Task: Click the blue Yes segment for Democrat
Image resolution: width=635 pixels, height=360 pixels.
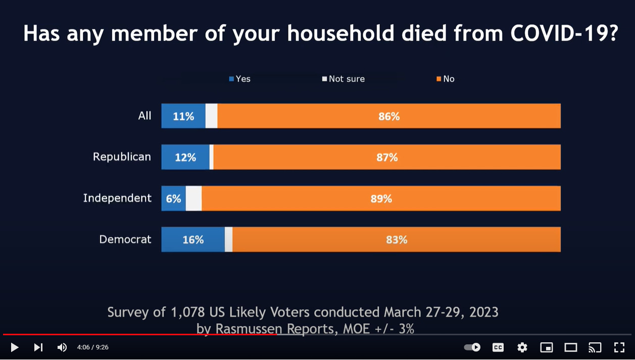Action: click(x=193, y=239)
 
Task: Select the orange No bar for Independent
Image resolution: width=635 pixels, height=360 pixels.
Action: click(x=381, y=198)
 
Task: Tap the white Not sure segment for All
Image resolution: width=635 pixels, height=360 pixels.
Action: click(x=211, y=116)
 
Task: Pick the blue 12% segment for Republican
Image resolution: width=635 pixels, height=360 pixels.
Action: click(x=185, y=158)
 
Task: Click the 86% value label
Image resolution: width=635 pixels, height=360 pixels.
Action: click(x=389, y=116)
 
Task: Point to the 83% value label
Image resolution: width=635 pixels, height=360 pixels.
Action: click(x=397, y=240)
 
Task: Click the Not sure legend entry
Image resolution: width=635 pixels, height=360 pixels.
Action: click(x=344, y=79)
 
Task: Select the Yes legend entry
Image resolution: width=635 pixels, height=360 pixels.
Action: click(x=240, y=79)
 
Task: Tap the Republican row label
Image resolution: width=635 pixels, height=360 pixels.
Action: click(x=122, y=157)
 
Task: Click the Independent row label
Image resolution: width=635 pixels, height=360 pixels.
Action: click(x=117, y=198)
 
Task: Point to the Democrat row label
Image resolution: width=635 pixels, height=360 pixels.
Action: click(x=125, y=239)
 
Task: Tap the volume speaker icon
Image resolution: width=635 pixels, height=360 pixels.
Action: click(x=62, y=347)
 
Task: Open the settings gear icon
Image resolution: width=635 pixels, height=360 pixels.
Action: click(x=522, y=347)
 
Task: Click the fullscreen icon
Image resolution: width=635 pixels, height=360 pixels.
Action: click(x=619, y=347)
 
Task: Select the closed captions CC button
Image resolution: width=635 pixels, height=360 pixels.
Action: click(x=498, y=347)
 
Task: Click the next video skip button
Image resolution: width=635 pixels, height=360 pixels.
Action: click(x=38, y=347)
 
